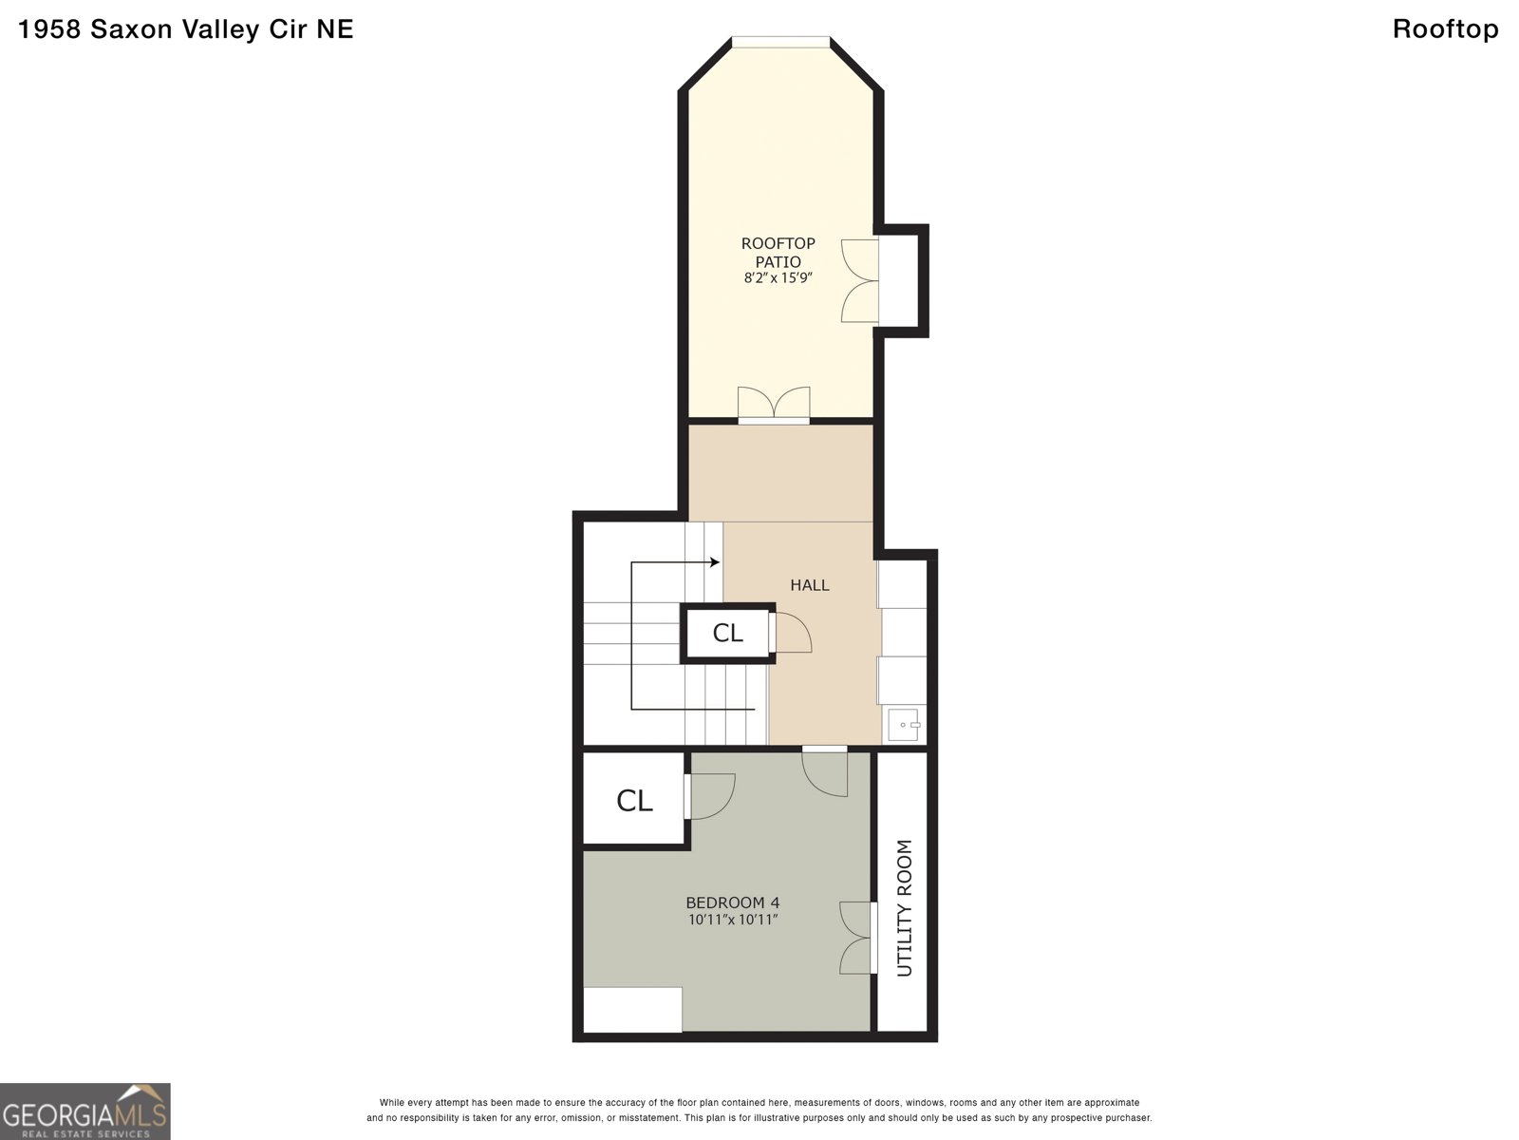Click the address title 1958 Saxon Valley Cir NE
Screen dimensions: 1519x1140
click(x=185, y=29)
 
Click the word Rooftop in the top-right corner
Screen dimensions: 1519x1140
click(x=1446, y=29)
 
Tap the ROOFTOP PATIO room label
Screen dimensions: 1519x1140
click(x=778, y=253)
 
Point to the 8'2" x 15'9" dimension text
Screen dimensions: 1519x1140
click(x=778, y=278)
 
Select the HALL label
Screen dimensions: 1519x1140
click(x=810, y=585)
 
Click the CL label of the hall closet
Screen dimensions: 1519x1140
click(x=727, y=633)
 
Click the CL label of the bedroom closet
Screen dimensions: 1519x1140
click(x=634, y=801)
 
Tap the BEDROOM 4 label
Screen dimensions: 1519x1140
click(x=733, y=902)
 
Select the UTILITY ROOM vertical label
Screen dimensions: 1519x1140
click(x=905, y=908)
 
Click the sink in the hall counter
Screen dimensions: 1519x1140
click(x=904, y=725)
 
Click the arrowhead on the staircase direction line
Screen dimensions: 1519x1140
click(x=715, y=562)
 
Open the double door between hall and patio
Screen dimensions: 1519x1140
click(x=774, y=405)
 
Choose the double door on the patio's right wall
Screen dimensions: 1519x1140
click(x=860, y=281)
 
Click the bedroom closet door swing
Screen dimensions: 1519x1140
click(x=709, y=796)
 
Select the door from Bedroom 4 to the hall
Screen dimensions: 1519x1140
click(x=825, y=771)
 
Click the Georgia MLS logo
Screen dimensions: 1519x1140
click(x=85, y=1111)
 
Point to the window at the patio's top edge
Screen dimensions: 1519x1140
click(x=780, y=42)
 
